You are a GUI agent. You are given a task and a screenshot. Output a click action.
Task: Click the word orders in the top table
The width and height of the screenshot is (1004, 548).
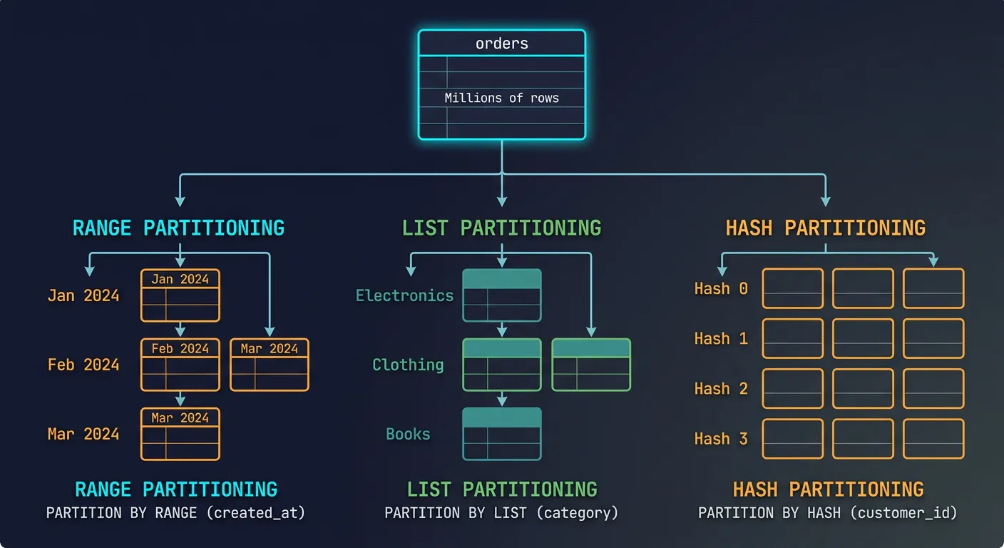tap(502, 44)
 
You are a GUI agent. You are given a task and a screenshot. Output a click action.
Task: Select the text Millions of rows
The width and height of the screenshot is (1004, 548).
tap(501, 98)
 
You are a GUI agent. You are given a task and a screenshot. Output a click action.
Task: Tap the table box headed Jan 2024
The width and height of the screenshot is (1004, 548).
tap(180, 295)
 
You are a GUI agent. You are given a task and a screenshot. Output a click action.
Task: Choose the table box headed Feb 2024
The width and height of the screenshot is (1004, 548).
tap(180, 365)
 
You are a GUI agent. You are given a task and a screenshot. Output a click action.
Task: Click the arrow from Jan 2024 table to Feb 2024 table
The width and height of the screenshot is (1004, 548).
tap(180, 330)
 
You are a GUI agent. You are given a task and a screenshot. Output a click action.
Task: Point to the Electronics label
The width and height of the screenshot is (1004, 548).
tap(404, 295)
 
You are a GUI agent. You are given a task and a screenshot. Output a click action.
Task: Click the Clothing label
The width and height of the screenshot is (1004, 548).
tap(408, 365)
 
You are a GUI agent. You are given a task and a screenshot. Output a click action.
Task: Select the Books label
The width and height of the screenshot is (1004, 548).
tap(408, 434)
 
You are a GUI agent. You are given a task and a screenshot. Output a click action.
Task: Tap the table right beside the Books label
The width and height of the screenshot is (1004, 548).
tap(502, 434)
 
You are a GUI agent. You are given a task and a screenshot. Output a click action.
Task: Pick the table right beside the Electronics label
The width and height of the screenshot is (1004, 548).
tap(502, 295)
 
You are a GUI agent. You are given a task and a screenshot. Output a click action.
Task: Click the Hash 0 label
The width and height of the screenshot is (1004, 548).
tap(721, 288)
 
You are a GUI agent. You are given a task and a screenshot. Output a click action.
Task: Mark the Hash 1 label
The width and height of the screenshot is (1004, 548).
tap(721, 338)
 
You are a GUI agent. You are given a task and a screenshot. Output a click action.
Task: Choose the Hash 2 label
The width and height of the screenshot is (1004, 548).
tap(721, 388)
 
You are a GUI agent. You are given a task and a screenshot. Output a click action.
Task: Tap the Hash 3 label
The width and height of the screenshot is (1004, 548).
tap(721, 438)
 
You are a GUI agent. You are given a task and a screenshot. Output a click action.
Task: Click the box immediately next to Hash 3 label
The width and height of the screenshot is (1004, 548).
tap(792, 438)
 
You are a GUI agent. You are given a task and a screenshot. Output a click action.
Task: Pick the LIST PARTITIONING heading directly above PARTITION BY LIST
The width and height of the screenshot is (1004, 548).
tap(502, 489)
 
